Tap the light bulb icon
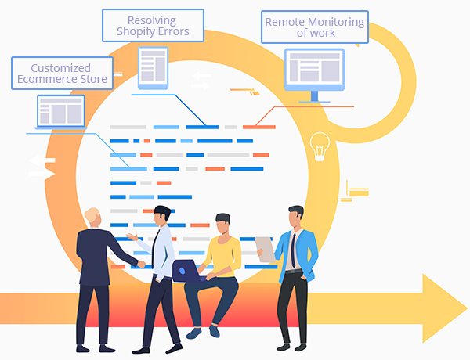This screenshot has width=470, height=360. point(319,146)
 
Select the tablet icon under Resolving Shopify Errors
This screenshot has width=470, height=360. point(153,67)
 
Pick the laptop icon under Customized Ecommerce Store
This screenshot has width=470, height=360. point(61,110)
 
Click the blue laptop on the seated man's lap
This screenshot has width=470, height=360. point(186,271)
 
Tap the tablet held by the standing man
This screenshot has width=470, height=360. point(266,249)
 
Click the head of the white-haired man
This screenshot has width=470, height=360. point(92,218)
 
